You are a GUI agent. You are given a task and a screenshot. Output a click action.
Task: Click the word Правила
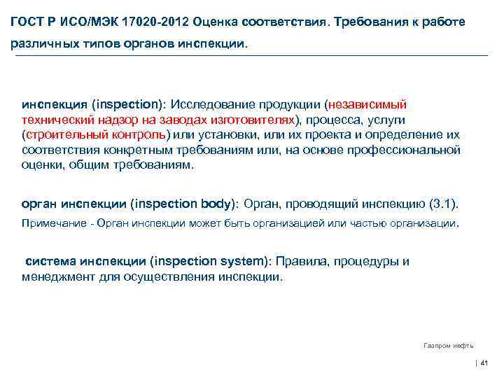click(x=298, y=261)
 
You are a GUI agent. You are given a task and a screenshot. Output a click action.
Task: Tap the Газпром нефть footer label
click(x=449, y=345)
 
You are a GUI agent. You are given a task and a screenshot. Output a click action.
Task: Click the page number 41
click(x=484, y=363)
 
